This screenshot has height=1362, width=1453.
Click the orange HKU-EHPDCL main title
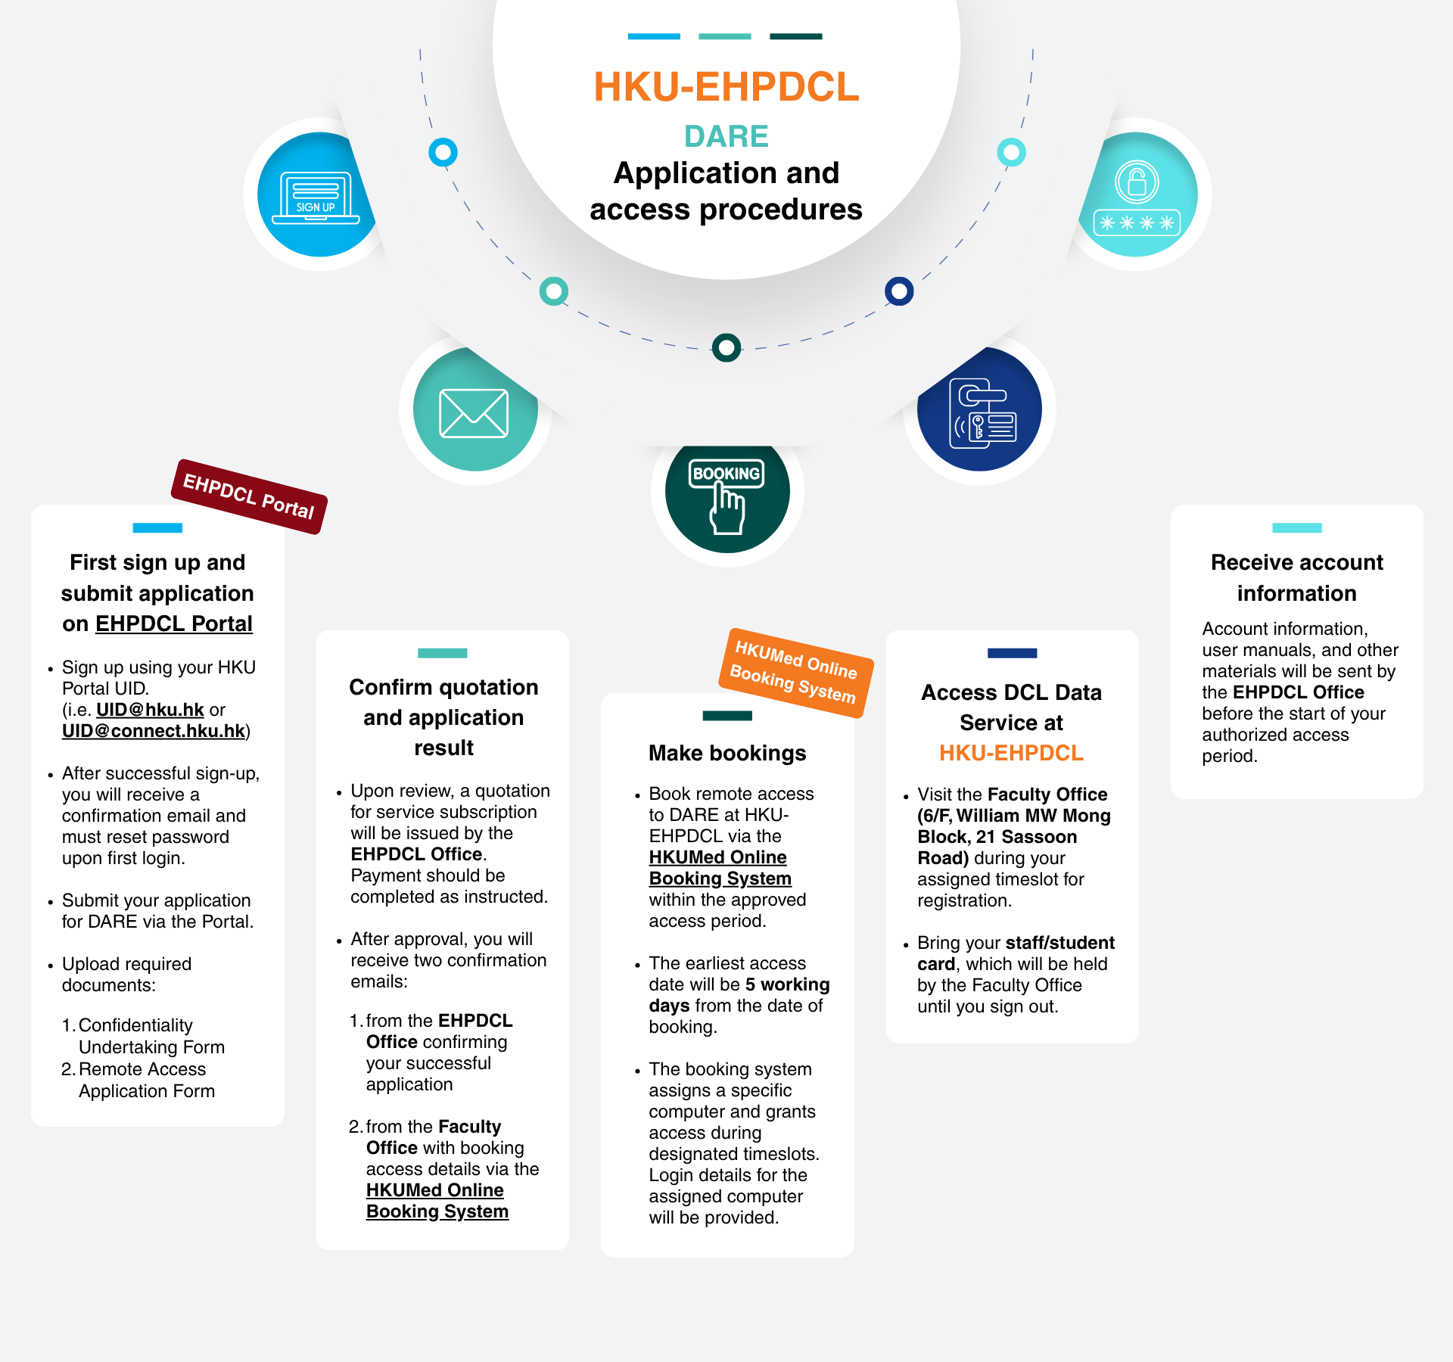(x=726, y=87)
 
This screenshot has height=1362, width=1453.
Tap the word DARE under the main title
(x=726, y=136)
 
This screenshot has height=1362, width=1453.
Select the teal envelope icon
(x=474, y=413)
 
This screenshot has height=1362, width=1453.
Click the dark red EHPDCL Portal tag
(x=249, y=496)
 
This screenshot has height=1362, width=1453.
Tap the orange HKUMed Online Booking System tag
(x=796, y=672)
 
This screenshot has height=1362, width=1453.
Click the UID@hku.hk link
(x=150, y=710)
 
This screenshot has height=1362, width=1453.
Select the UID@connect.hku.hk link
(x=154, y=731)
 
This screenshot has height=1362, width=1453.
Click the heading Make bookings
(x=727, y=753)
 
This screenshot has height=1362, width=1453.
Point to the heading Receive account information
(x=1297, y=577)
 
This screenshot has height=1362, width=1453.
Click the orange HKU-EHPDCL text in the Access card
(x=1012, y=753)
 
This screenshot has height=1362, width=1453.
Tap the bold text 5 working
(x=788, y=984)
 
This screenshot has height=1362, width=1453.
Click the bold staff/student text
(x=1060, y=943)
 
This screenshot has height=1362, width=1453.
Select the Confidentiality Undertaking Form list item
(x=143, y=1036)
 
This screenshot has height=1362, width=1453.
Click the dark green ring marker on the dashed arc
(x=726, y=348)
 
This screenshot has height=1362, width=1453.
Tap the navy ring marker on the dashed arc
(x=899, y=291)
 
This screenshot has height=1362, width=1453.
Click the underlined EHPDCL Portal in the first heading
(x=174, y=623)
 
